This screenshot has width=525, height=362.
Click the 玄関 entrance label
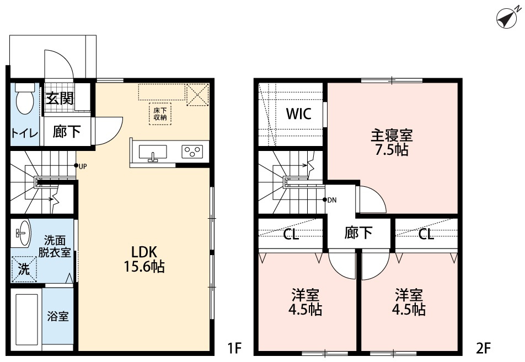(x=60, y=99)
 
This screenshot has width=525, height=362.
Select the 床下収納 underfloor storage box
(x=160, y=114)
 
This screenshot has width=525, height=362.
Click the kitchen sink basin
(x=153, y=152)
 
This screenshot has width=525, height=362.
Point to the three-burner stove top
(x=192, y=151)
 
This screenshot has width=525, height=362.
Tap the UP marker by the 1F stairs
(x=81, y=166)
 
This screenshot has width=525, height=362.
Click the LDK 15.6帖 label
(x=144, y=259)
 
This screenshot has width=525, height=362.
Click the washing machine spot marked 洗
(x=24, y=269)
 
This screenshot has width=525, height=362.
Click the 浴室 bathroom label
(x=58, y=316)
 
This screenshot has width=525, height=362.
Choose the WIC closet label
(x=299, y=114)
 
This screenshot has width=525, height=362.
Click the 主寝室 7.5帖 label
(x=392, y=142)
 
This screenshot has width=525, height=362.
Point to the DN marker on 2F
(x=329, y=200)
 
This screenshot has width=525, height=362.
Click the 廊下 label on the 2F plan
(x=358, y=232)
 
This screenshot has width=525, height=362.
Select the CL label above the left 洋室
(x=291, y=234)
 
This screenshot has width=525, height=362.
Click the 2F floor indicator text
(x=483, y=348)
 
